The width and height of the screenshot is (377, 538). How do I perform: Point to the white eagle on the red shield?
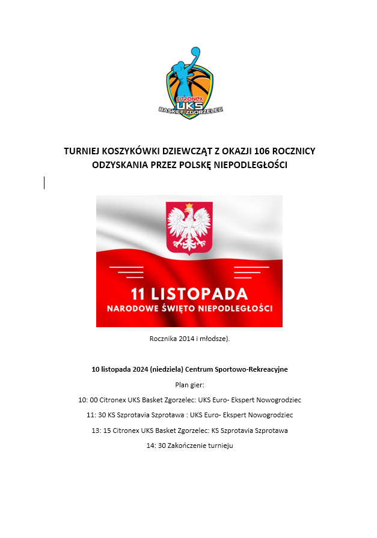click(189, 229)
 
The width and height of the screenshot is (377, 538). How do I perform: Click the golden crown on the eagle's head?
click(189, 207)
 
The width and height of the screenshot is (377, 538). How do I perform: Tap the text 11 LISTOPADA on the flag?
click(189, 294)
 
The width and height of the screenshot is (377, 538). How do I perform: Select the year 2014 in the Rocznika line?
click(187, 339)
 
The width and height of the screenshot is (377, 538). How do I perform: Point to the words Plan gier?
click(189, 384)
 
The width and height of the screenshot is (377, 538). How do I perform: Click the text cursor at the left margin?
click(44, 183)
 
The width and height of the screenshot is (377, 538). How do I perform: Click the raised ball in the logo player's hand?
click(195, 51)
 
